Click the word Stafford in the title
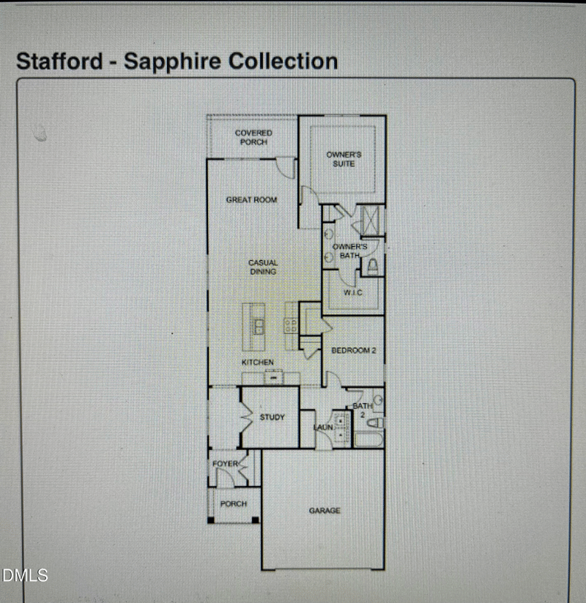click(59, 62)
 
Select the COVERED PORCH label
click(253, 137)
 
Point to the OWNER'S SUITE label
click(344, 159)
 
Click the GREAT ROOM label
click(251, 199)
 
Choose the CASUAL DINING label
click(263, 267)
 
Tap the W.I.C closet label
click(352, 292)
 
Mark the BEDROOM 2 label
click(354, 350)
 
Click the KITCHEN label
click(258, 362)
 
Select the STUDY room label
click(272, 417)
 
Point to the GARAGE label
click(324, 511)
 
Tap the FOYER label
click(226, 464)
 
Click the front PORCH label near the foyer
click(234, 504)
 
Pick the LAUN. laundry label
click(323, 427)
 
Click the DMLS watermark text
click(25, 576)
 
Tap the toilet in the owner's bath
click(372, 266)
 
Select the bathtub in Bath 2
click(368, 440)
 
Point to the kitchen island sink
click(259, 327)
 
